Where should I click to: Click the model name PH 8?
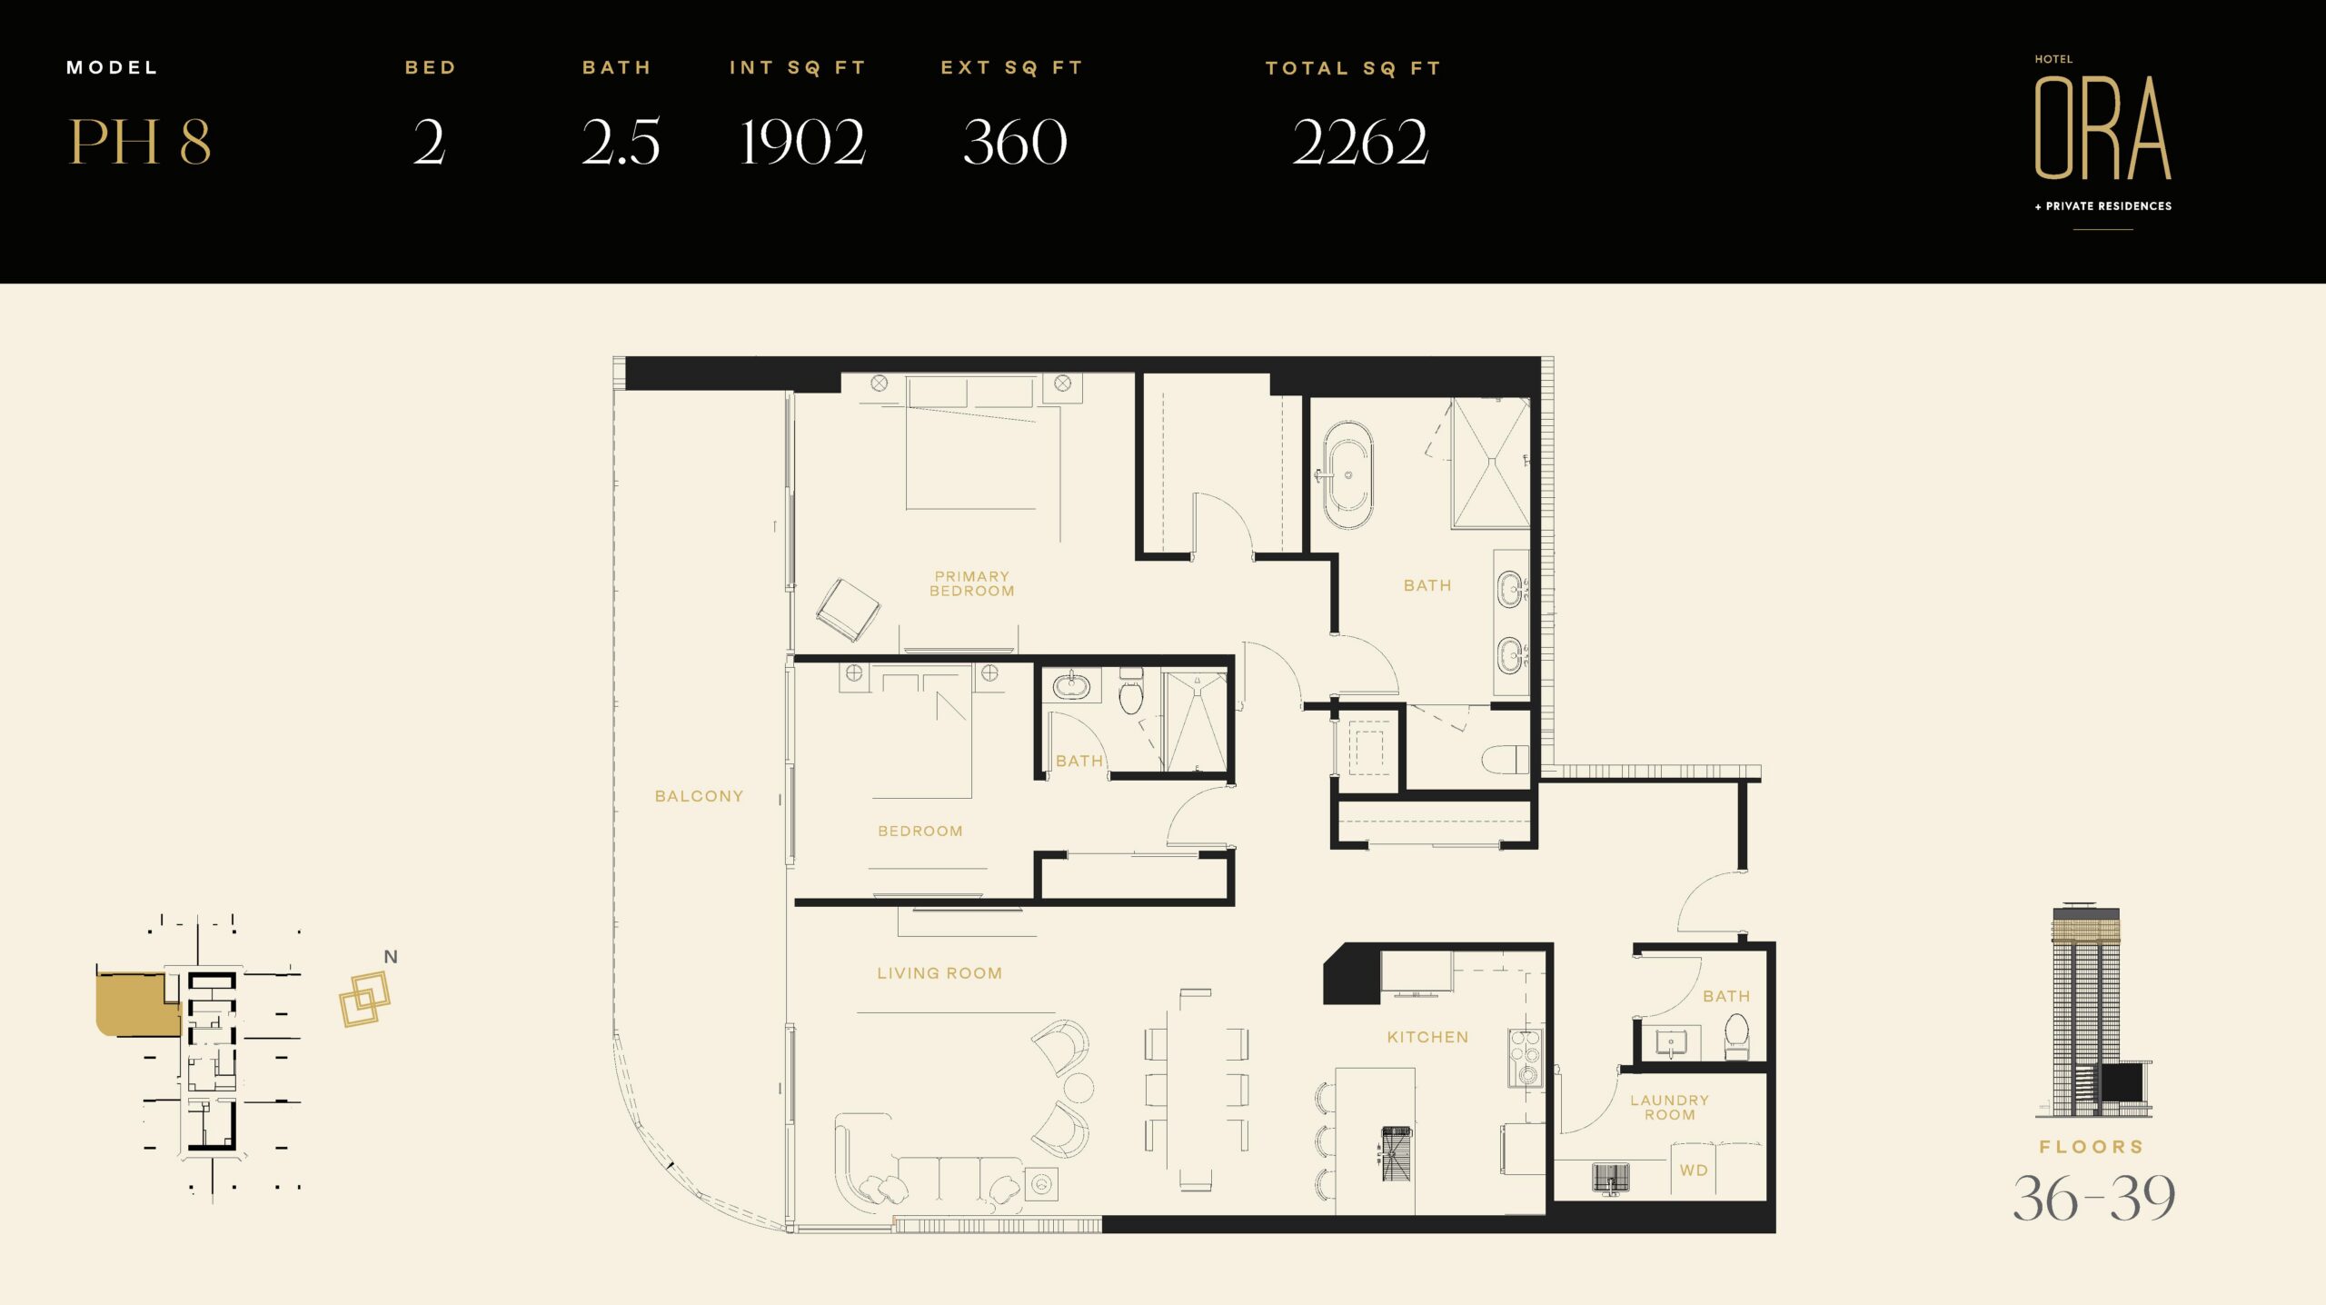140,142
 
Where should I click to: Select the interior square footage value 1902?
802,142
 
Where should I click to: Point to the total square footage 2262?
1360,142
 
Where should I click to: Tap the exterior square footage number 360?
1015,142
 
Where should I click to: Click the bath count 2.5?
621,142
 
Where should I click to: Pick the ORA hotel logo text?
2102,127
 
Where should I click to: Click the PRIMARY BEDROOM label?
971,583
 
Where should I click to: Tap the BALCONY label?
699,796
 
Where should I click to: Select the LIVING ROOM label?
939,973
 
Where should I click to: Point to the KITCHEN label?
1427,1037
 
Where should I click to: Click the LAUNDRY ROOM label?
1670,1107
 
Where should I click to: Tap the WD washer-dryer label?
1694,1171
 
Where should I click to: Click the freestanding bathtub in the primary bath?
1347,475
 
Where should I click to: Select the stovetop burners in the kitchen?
1526,1058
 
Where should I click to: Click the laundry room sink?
1611,1178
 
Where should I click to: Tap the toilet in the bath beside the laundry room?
1736,1037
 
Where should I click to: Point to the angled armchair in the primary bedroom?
848,610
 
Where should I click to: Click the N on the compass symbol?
391,957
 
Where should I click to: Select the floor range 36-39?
2094,1198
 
